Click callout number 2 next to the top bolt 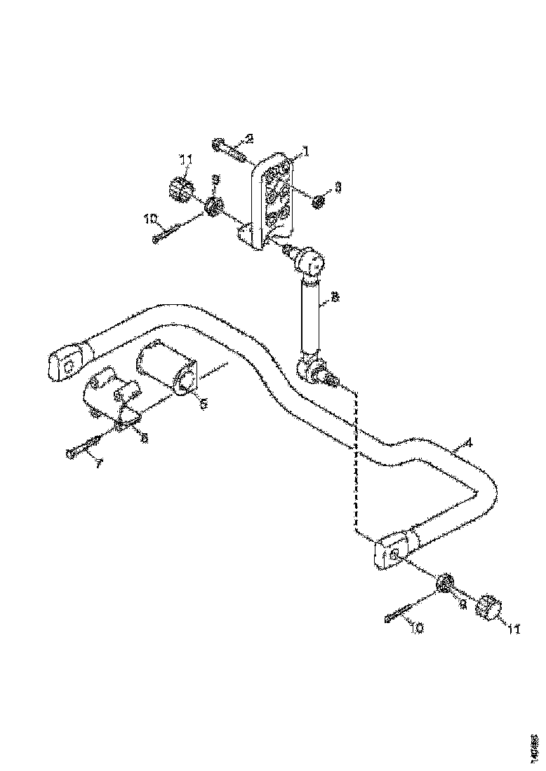248,138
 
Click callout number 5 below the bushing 204,404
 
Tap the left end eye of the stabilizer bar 67,364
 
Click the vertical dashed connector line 356,463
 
